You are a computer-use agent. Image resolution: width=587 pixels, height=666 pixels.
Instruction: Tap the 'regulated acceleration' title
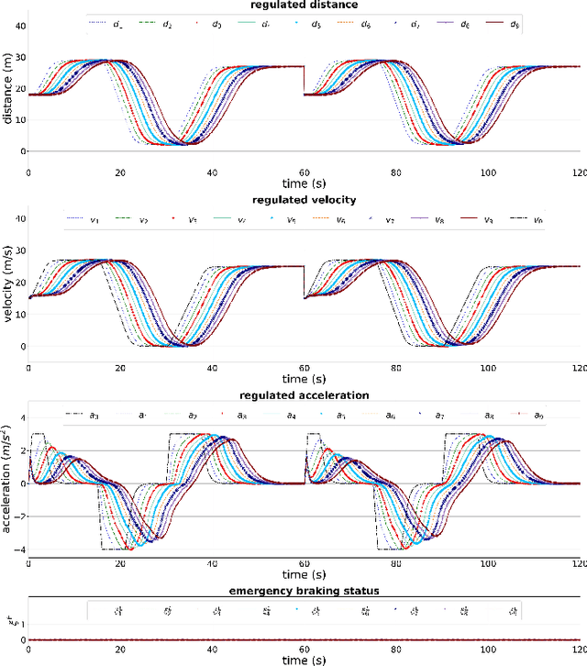(x=303, y=395)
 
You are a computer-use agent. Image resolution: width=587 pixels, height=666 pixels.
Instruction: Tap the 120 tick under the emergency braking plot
(x=577, y=649)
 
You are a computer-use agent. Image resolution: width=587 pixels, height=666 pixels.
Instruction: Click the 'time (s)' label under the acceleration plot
(x=303, y=575)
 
